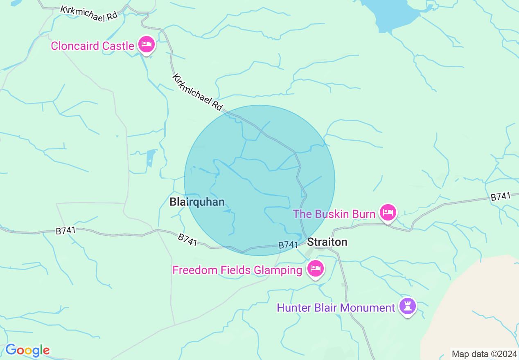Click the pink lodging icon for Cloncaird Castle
146,44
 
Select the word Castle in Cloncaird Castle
118,46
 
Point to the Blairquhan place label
197,202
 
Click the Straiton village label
327,242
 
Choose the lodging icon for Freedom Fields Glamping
315,269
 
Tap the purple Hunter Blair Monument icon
407,306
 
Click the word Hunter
293,307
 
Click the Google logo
27,350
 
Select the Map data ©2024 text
484,354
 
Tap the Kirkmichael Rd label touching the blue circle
197,92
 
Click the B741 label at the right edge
501,197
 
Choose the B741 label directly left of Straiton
288,245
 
